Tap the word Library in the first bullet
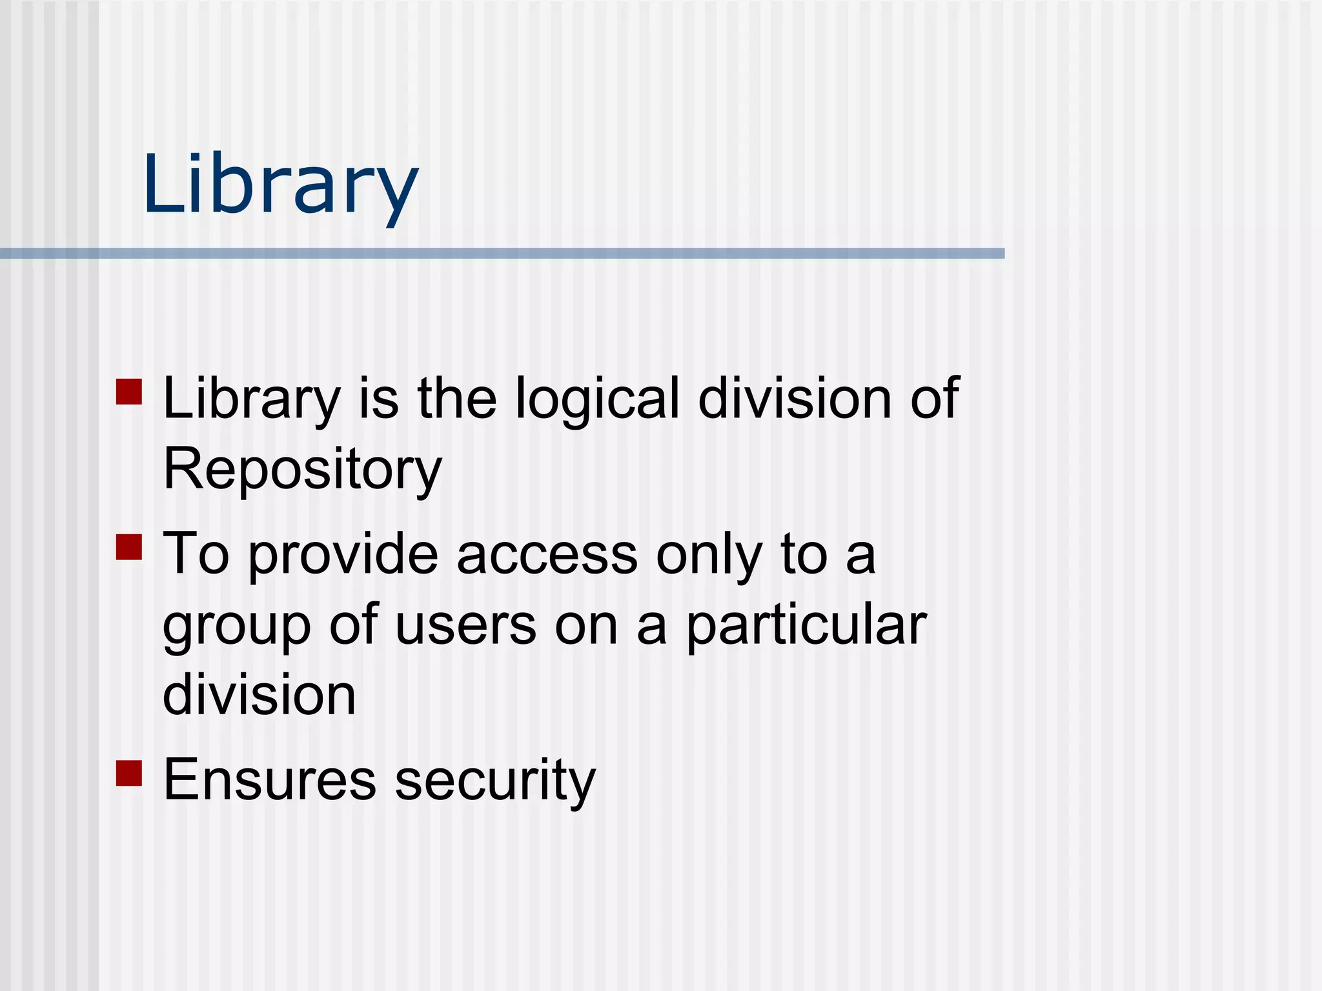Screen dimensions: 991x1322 [x=251, y=399]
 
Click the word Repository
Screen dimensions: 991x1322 [x=302, y=469]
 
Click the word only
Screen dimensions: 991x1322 [x=709, y=554]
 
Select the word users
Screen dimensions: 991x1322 [x=465, y=625]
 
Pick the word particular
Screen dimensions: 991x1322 [x=806, y=625]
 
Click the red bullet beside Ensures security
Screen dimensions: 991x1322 [x=129, y=773]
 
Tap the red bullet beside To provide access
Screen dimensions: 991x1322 [x=129, y=546]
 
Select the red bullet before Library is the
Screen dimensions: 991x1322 [x=129, y=392]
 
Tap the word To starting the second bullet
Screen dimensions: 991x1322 [x=196, y=554]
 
